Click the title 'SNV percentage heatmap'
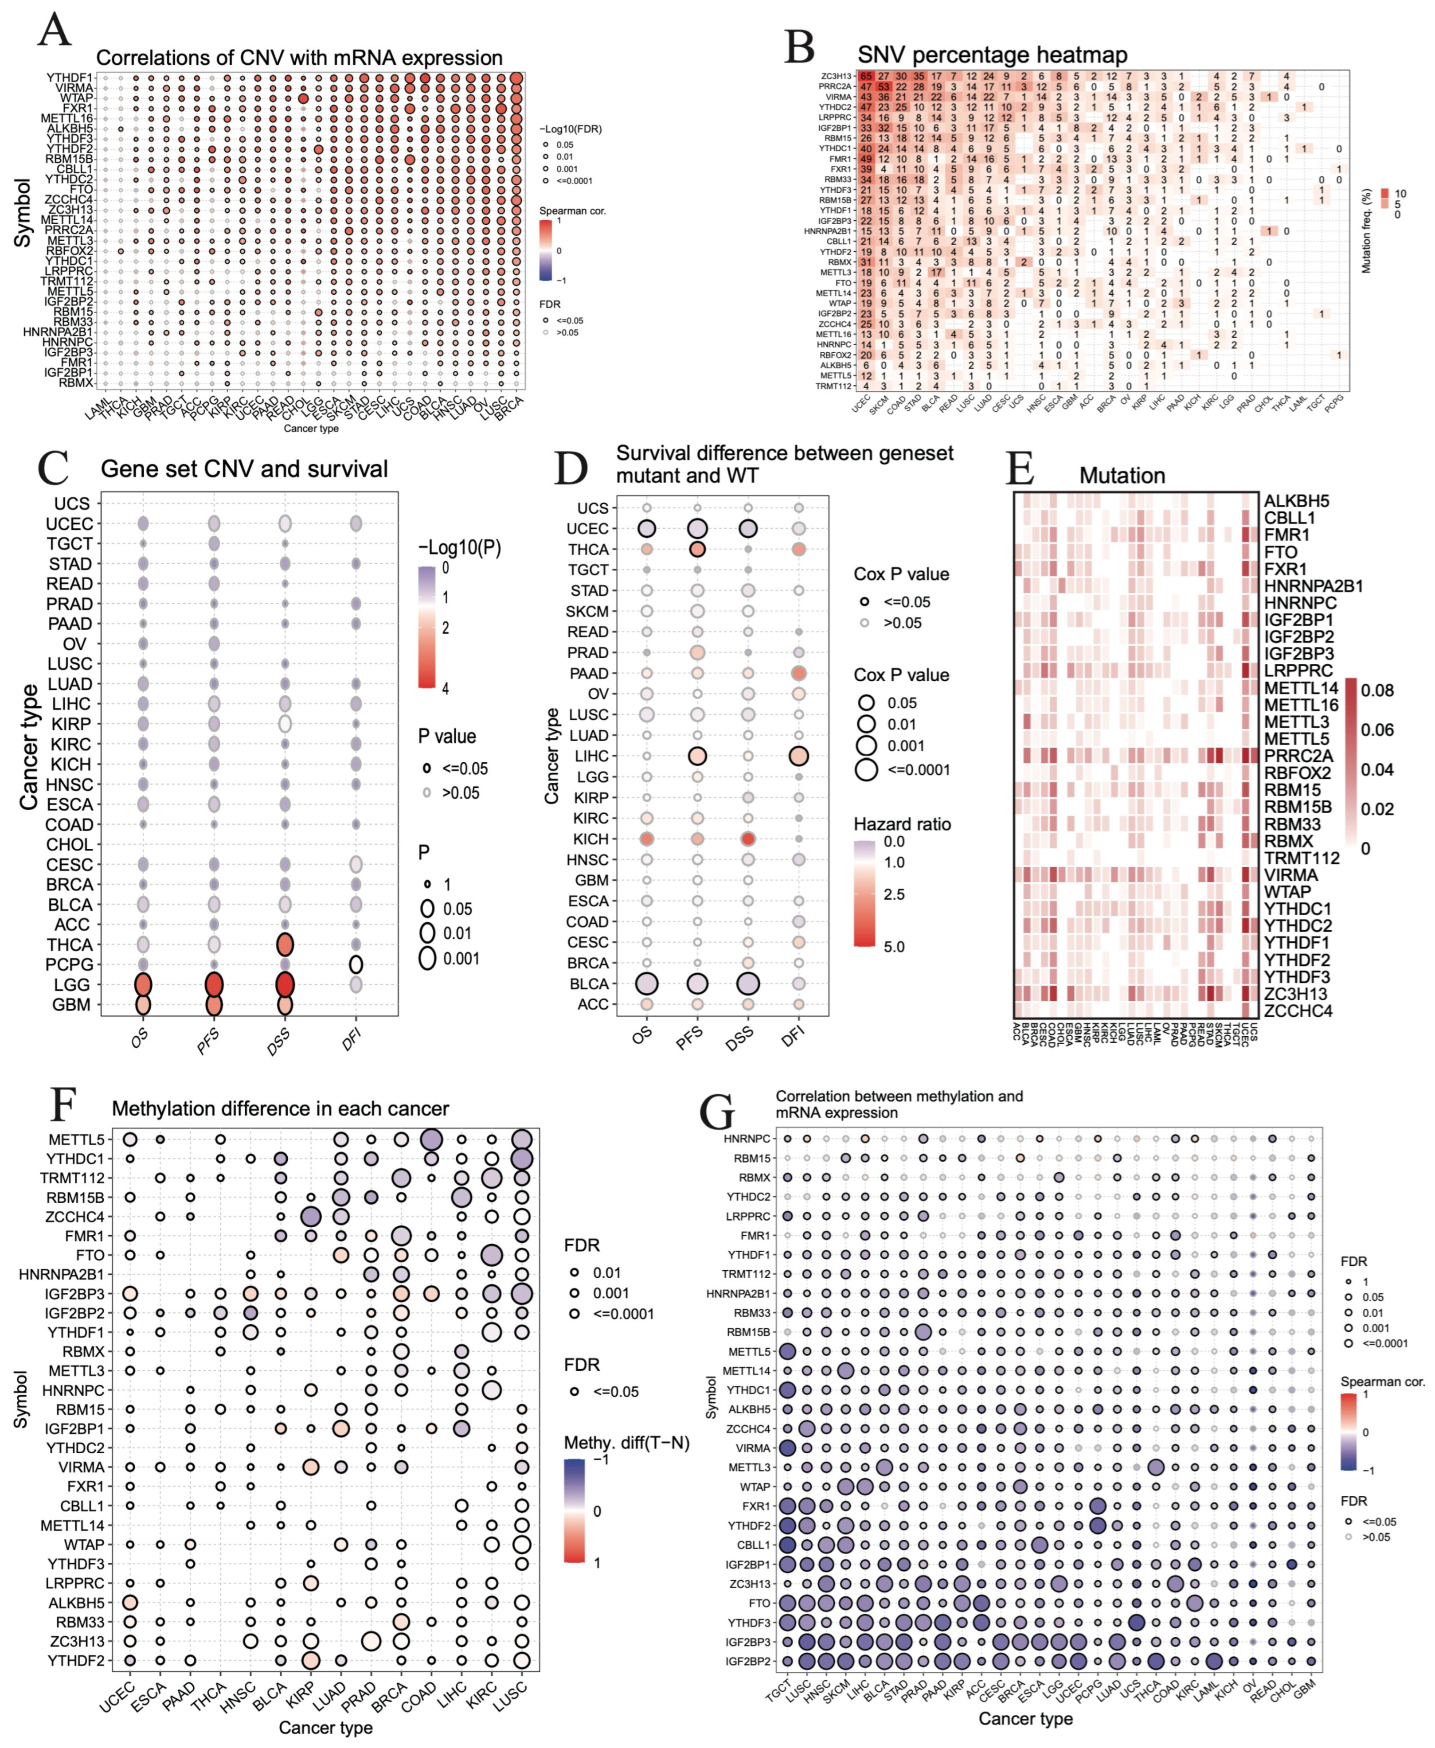click(992, 55)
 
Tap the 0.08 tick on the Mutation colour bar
click(1377, 690)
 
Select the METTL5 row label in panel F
click(76, 1140)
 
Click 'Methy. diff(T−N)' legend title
click(626, 1442)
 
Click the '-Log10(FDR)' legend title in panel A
click(571, 129)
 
